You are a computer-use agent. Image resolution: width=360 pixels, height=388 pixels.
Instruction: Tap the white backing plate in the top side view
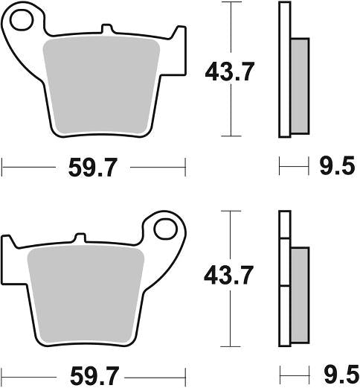point(283,71)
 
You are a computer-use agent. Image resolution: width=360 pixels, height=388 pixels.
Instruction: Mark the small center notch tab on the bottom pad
point(77,239)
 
